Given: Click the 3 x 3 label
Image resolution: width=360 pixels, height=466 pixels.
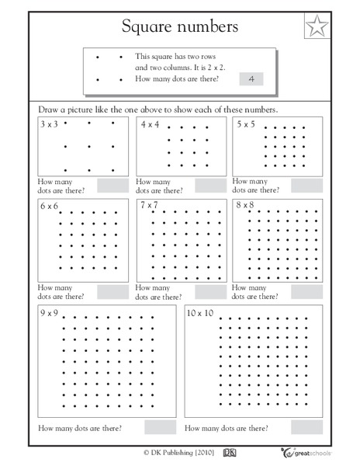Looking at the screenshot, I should (49, 124).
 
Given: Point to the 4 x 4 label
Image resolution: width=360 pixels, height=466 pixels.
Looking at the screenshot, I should (150, 124).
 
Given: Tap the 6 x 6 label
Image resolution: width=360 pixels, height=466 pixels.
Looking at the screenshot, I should (49, 207).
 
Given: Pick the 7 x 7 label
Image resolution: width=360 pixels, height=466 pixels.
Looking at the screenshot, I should (150, 206).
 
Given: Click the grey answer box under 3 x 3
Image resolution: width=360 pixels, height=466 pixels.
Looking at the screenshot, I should (112, 185).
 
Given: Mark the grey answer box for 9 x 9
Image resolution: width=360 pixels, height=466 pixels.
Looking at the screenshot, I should (160, 427).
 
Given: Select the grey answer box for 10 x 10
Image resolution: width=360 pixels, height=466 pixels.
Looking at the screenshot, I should (308, 427).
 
